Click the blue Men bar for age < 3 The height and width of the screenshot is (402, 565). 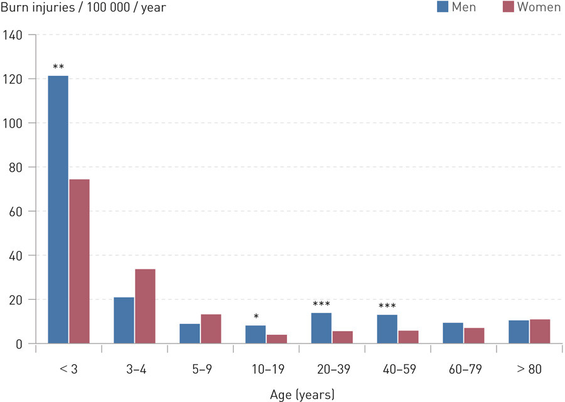[x=58, y=210]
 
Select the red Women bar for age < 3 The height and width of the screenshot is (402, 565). [x=79, y=261]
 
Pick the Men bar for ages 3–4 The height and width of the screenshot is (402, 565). [x=124, y=320]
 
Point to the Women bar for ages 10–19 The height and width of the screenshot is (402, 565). [x=276, y=339]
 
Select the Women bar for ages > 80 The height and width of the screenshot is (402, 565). [x=540, y=331]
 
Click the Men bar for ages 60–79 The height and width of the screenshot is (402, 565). [x=453, y=333]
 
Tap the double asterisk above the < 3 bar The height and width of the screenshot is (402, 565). [x=58, y=67]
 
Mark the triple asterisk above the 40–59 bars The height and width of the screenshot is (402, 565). [x=387, y=307]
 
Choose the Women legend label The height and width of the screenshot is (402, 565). [x=538, y=8]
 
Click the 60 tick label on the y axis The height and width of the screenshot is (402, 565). [x=16, y=212]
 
